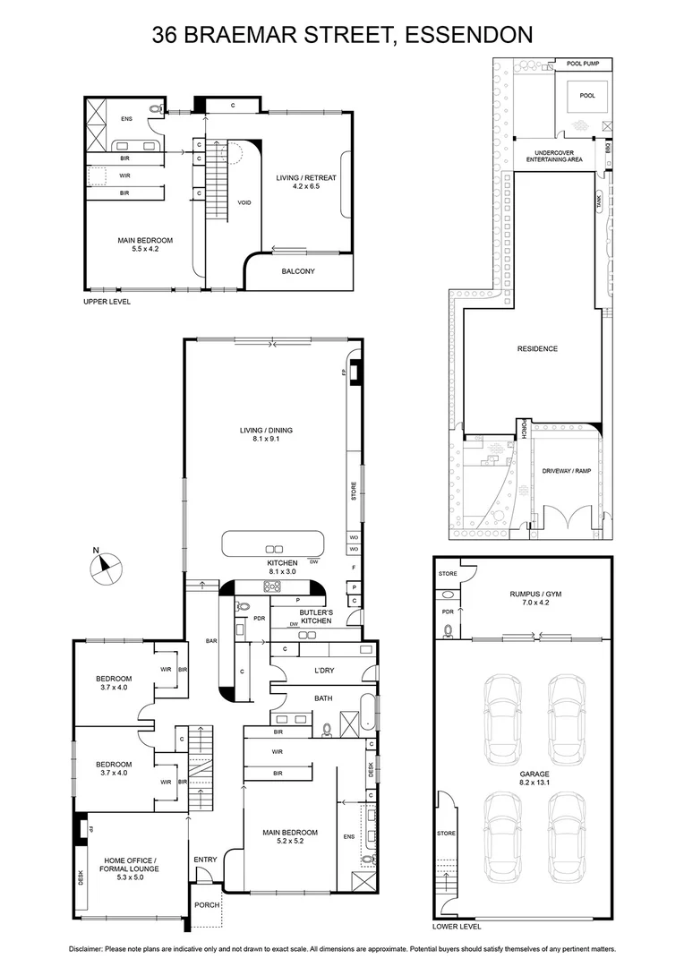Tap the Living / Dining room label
(x=266, y=434)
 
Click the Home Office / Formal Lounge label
(x=131, y=864)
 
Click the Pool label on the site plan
(x=586, y=95)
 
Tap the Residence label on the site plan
(x=537, y=348)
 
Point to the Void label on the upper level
(x=244, y=202)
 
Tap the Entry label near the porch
(x=205, y=860)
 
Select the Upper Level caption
(x=107, y=303)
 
